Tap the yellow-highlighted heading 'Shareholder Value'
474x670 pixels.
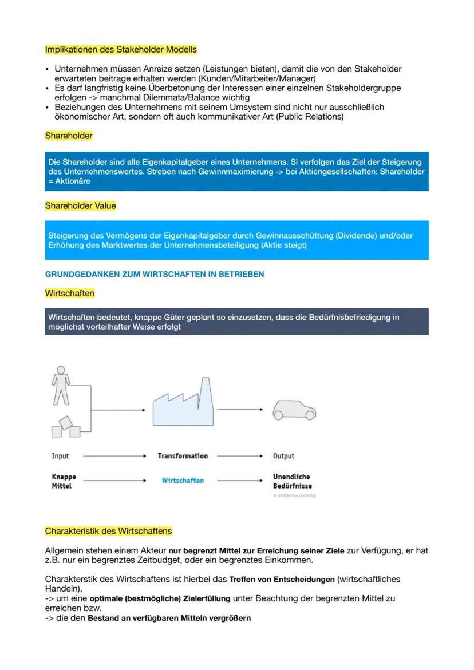pos(80,205)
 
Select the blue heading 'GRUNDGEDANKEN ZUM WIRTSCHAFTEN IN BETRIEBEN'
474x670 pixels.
pos(155,275)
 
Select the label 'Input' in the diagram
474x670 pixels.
pos(60,456)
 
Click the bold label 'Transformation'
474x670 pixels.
pos(183,456)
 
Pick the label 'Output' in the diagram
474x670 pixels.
pos(283,456)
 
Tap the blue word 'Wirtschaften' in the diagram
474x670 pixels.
pos(183,481)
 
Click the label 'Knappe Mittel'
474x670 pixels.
pos(64,481)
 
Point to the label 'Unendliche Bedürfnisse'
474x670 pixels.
pos(291,481)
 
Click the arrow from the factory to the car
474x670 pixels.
pos(239,409)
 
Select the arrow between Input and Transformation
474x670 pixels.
pos(114,456)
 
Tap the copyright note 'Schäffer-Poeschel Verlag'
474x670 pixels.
pos(294,495)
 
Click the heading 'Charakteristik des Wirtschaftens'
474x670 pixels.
pos(108,531)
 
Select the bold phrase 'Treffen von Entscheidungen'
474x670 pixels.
pos(282,580)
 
